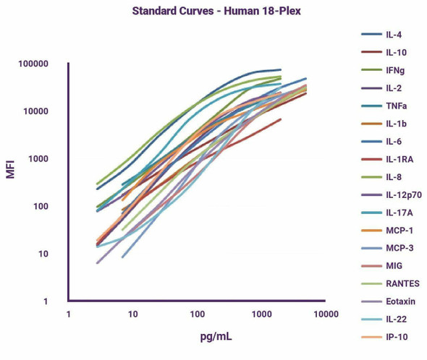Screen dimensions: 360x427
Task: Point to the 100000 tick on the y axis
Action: pyautogui.click(x=33, y=64)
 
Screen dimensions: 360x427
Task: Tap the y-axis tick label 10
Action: pyautogui.click(x=43, y=254)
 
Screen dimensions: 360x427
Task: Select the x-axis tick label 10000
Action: pyautogui.click(x=326, y=314)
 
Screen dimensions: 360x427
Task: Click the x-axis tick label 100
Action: pyautogui.click(x=197, y=314)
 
